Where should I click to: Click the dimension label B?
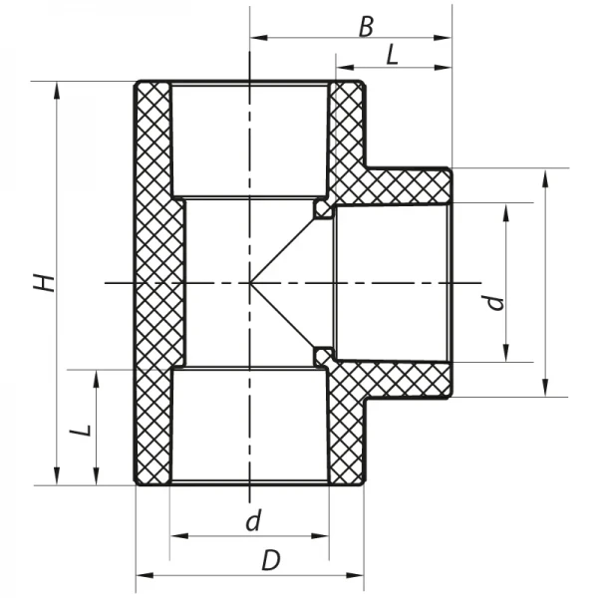pyautogui.click(x=366, y=26)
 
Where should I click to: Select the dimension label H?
pyautogui.click(x=44, y=282)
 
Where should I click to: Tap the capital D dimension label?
pyautogui.click(x=270, y=560)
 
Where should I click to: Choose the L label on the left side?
pyautogui.click(x=83, y=430)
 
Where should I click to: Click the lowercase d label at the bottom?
pyautogui.click(x=253, y=520)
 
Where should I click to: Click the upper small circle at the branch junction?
pyautogui.click(x=322, y=207)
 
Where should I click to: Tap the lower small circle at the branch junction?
pyautogui.click(x=322, y=355)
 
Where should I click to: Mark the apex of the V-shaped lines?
pyautogui.click(x=250, y=283)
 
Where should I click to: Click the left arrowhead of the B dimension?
pyautogui.click(x=256, y=39)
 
